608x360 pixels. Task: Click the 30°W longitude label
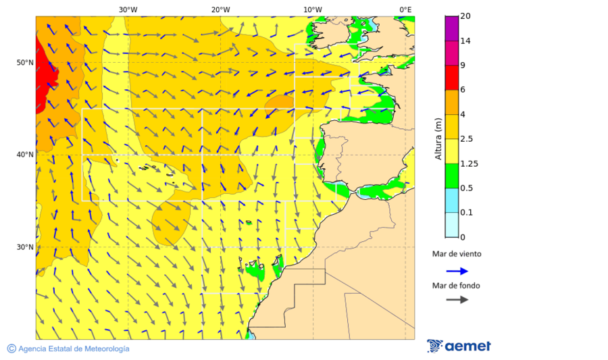tap(128, 9)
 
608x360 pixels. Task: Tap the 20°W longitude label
tap(220, 9)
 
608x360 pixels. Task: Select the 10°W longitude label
tap(313, 9)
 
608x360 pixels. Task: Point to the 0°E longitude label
tap(405, 9)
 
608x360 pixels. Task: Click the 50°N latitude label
tap(25, 63)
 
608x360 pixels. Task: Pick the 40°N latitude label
tap(25, 155)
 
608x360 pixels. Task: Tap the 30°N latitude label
tap(25, 247)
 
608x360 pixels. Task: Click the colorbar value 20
tap(465, 16)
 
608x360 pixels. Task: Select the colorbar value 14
tap(465, 41)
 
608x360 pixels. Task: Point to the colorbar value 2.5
tap(466, 139)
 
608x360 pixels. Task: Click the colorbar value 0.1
tap(466, 213)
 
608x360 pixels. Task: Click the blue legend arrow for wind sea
tap(457, 271)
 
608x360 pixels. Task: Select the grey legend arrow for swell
tap(457, 299)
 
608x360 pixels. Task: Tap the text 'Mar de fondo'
tap(456, 286)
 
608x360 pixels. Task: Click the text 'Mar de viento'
tap(457, 254)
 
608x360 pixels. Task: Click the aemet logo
tap(459, 346)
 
